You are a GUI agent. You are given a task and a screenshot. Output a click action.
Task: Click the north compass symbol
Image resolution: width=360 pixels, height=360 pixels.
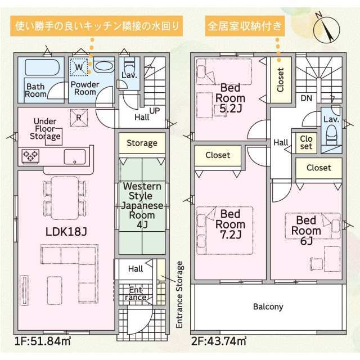pos(326,29)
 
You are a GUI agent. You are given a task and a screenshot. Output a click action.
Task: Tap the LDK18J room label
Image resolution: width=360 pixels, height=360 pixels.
pos(66,232)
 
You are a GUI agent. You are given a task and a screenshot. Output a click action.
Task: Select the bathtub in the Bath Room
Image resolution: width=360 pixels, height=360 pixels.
pos(42,67)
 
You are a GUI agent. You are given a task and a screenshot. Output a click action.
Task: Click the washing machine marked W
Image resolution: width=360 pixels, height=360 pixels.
pos(79,67)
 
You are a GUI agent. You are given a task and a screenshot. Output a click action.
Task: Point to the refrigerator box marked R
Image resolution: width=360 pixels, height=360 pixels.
pos(79,118)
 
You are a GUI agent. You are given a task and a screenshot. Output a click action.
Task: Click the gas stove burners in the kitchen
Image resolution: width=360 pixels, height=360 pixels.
pos(30,156)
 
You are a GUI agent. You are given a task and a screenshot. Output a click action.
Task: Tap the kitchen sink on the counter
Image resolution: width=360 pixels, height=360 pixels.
pos(75,156)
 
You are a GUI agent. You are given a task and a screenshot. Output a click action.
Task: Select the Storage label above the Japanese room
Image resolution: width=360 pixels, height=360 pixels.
pos(142,143)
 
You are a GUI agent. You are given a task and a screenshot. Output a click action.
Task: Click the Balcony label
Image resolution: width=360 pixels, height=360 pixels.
pos(268,307)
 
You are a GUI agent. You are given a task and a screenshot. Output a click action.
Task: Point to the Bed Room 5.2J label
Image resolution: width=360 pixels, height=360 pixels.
pos(230,98)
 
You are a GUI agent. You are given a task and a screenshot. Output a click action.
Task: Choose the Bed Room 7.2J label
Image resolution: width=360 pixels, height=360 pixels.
pos(230,224)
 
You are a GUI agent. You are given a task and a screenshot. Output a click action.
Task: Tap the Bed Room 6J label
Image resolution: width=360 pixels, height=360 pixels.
pos(306,231)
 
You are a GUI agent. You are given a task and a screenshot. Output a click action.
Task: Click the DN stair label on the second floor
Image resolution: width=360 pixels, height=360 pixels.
pos(306,98)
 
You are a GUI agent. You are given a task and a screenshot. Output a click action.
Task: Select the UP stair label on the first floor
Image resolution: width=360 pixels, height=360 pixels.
pos(155,111)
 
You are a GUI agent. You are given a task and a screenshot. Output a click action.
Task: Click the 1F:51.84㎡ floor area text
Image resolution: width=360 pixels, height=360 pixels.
pos(43,341)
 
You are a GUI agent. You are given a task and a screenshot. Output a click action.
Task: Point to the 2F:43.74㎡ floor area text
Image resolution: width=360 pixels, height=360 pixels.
pos(219,341)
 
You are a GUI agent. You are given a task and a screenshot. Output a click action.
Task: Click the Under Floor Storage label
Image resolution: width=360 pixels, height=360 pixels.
pos(45,129)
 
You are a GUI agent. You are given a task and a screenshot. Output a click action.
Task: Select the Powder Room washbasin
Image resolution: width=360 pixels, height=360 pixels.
pos(104,66)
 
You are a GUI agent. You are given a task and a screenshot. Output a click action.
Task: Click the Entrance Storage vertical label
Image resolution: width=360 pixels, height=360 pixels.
pos(179,295)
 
